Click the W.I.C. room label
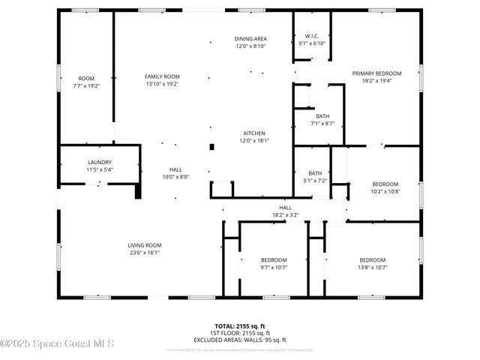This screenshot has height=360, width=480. click(x=313, y=36)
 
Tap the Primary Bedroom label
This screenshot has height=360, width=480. click(x=376, y=73)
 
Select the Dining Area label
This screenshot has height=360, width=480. click(x=250, y=38)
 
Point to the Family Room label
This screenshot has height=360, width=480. click(x=162, y=76)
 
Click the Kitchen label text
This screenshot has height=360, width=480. click(x=253, y=133)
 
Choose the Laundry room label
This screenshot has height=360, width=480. click(x=99, y=162)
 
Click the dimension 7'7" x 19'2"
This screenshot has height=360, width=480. click(x=86, y=86)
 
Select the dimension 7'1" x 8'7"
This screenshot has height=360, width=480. click(x=322, y=124)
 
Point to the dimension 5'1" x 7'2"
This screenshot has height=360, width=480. click(x=315, y=181)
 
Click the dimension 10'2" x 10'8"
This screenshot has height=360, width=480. click(x=385, y=191)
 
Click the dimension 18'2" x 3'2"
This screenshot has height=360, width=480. click(x=285, y=215)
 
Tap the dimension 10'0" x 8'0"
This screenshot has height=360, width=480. click(x=175, y=177)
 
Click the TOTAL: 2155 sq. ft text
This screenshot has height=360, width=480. click(x=240, y=325)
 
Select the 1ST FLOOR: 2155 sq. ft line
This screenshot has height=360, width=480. click(x=240, y=333)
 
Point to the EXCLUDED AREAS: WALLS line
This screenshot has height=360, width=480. click(x=240, y=340)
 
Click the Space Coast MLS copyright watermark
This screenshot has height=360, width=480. click(x=57, y=344)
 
